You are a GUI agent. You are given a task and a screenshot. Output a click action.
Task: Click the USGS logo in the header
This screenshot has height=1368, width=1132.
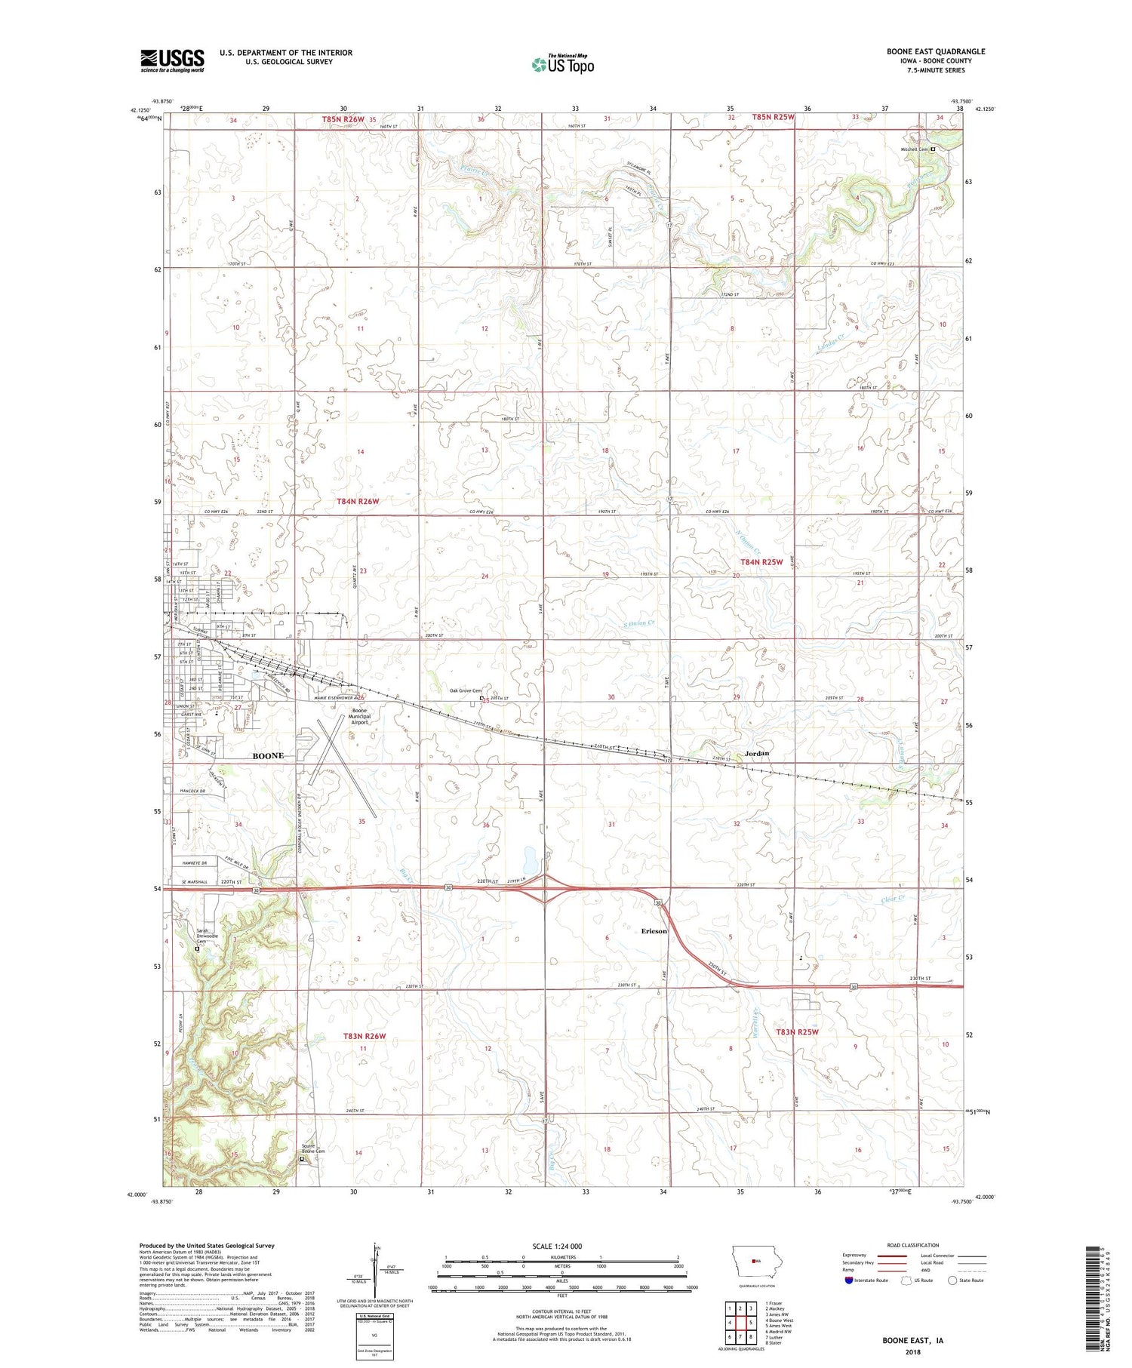pyautogui.click(x=172, y=60)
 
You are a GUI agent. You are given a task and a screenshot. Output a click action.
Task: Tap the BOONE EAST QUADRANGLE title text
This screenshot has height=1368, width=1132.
pyautogui.click(x=936, y=51)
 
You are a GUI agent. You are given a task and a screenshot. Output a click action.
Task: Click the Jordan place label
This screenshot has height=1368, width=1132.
pyautogui.click(x=756, y=753)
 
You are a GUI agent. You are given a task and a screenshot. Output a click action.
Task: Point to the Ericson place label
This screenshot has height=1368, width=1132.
pyautogui.click(x=654, y=931)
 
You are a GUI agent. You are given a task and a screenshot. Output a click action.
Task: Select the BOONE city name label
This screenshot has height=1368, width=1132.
pyautogui.click(x=268, y=755)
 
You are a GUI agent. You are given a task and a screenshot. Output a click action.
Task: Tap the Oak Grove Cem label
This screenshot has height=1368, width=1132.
pyautogui.click(x=465, y=690)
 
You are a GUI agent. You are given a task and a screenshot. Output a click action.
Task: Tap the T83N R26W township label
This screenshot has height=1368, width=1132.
pyautogui.click(x=361, y=1036)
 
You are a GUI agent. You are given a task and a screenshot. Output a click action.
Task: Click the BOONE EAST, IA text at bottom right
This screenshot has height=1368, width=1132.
pyautogui.click(x=912, y=1341)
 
